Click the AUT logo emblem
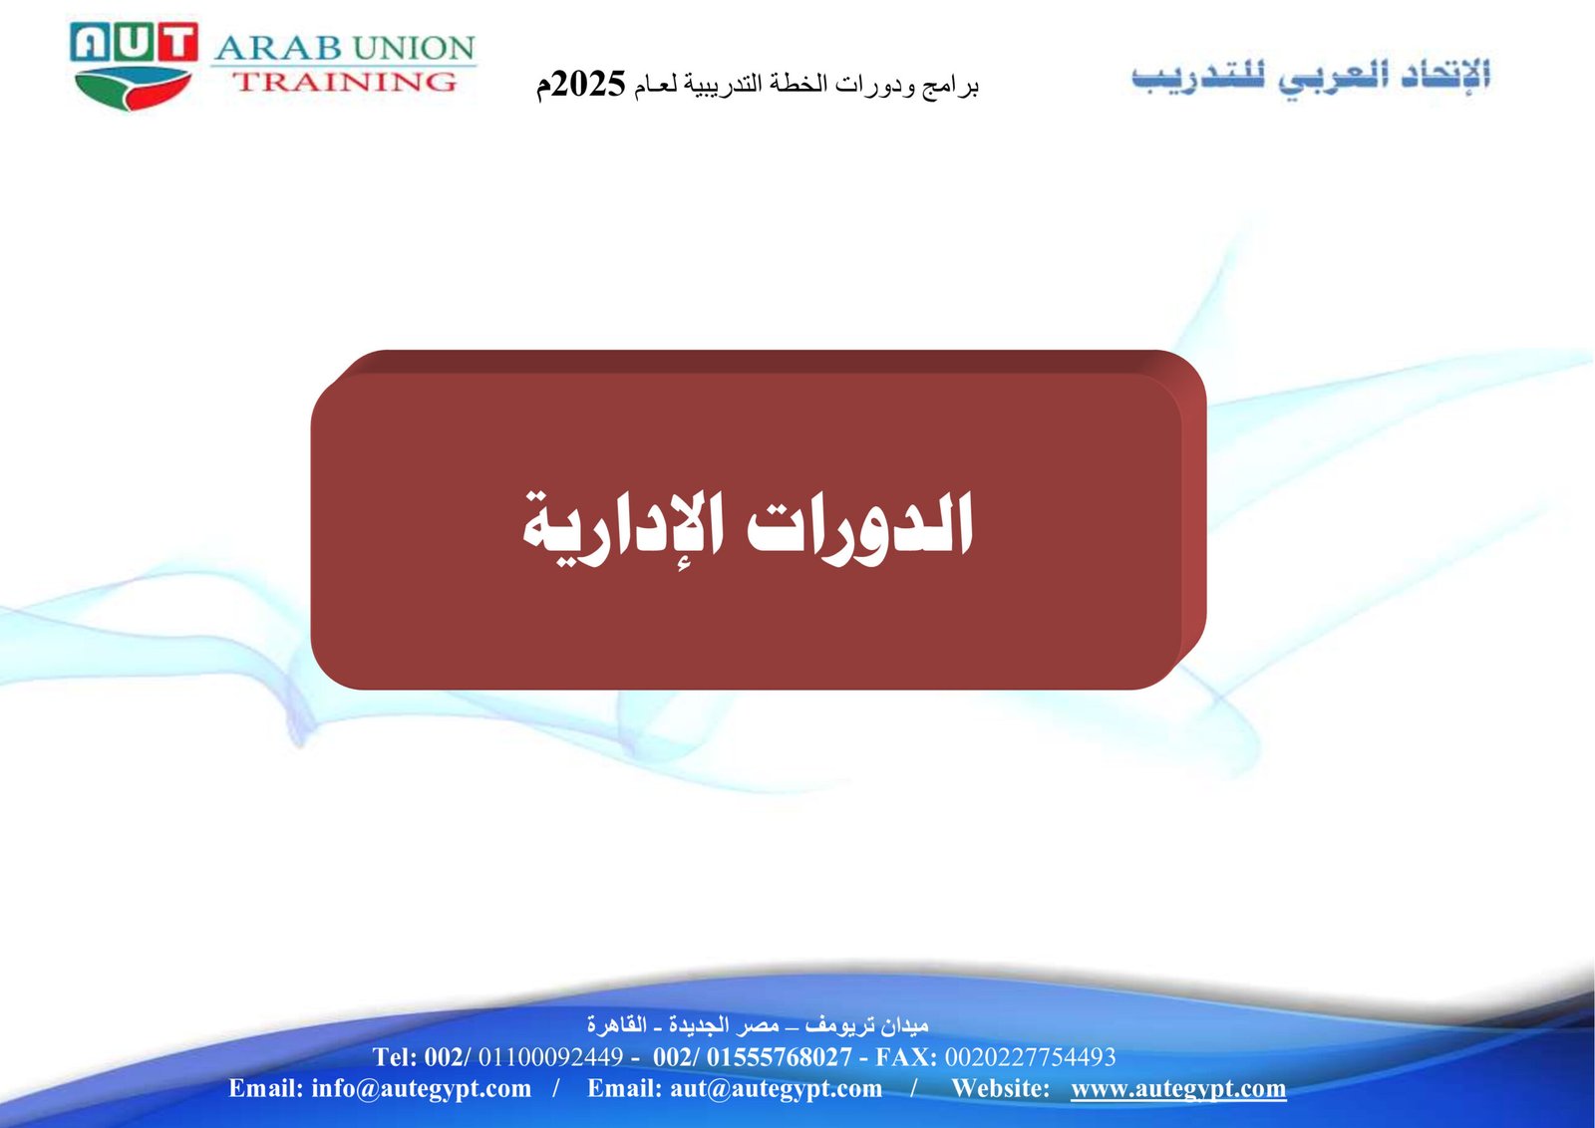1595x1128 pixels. [134, 66]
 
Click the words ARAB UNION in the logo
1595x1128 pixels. [345, 48]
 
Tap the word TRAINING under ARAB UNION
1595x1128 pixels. [345, 82]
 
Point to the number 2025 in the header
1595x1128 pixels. [589, 84]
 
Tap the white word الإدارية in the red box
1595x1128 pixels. [624, 528]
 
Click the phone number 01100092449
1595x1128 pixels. [550, 1057]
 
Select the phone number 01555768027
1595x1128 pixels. [779, 1057]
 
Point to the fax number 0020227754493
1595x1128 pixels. [1031, 1057]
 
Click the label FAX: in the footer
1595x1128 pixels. [906, 1057]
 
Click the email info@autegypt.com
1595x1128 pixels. [421, 1089]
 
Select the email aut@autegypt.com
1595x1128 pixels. [776, 1089]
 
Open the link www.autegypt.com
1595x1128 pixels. [1178, 1089]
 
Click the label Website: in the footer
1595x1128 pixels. [1001, 1088]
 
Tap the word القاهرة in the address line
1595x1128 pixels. [617, 1024]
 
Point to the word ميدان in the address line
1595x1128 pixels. [905, 1025]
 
